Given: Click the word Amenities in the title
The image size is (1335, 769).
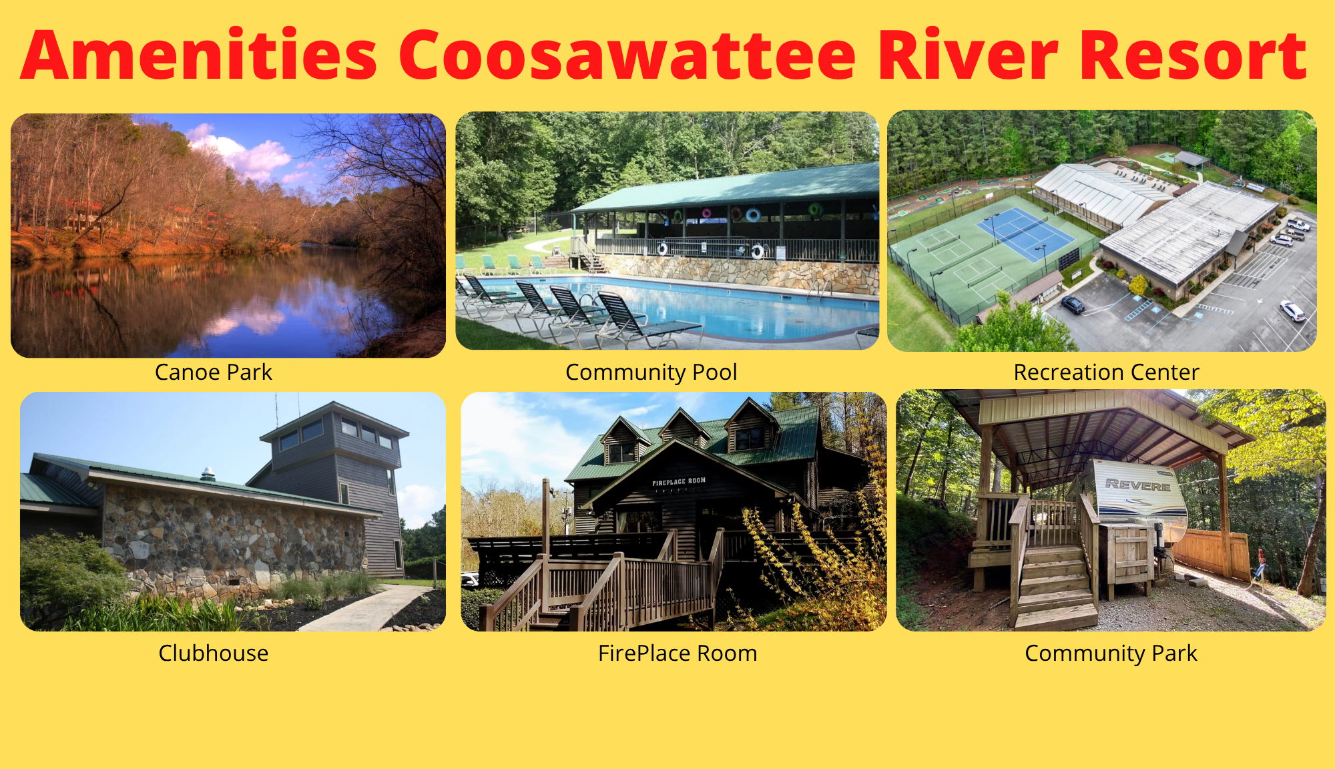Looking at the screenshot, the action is coord(200,55).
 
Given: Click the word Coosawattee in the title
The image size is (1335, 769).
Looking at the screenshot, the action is coord(627,55).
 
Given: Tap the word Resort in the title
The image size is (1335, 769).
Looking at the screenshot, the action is coord(1193,55).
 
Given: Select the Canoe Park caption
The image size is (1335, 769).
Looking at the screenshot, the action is coord(214,372).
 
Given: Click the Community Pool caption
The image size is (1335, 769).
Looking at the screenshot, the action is coord(651,372).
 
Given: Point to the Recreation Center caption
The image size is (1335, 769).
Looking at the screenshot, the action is coord(1107,372).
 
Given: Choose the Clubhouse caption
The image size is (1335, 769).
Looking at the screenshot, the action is coord(214,653).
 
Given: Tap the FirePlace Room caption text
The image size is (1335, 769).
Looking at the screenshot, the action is coord(678,653).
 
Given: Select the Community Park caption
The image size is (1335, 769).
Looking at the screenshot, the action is coord(1111,654).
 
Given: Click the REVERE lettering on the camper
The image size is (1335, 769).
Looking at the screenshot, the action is coord(1138,485).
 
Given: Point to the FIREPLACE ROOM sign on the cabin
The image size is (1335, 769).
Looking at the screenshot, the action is coord(679,481).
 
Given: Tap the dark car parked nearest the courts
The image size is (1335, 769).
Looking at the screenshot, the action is coord(1073,305).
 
